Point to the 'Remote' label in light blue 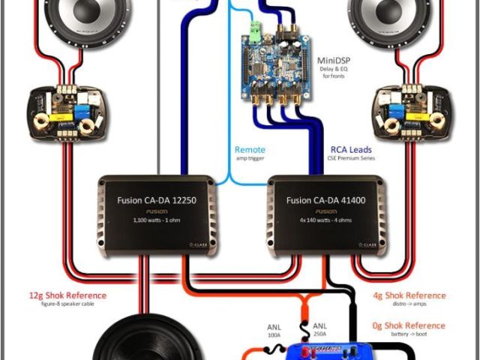point(250,150)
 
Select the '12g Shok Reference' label point(67,295)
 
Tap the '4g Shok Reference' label point(409,295)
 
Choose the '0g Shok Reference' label point(409,326)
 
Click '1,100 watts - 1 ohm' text point(158,220)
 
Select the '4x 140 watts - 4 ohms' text point(327,220)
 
